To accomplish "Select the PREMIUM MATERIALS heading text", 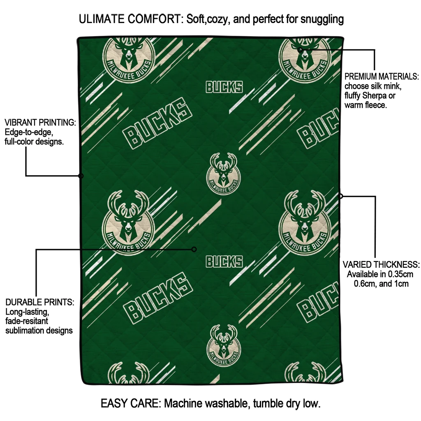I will (x=382, y=76).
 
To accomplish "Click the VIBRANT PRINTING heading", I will (x=40, y=123).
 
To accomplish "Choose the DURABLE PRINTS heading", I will (x=40, y=302).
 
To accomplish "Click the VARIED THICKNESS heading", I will (x=381, y=264).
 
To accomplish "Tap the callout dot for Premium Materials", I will (x=301, y=50).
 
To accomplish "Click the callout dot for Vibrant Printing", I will (x=81, y=176).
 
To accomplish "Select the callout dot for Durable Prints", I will (x=194, y=249).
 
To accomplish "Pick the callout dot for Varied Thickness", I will (x=340, y=196).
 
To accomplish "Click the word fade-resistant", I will (x=27, y=321).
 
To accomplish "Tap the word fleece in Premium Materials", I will (x=375, y=105).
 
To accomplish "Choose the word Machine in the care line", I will (x=185, y=403).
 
